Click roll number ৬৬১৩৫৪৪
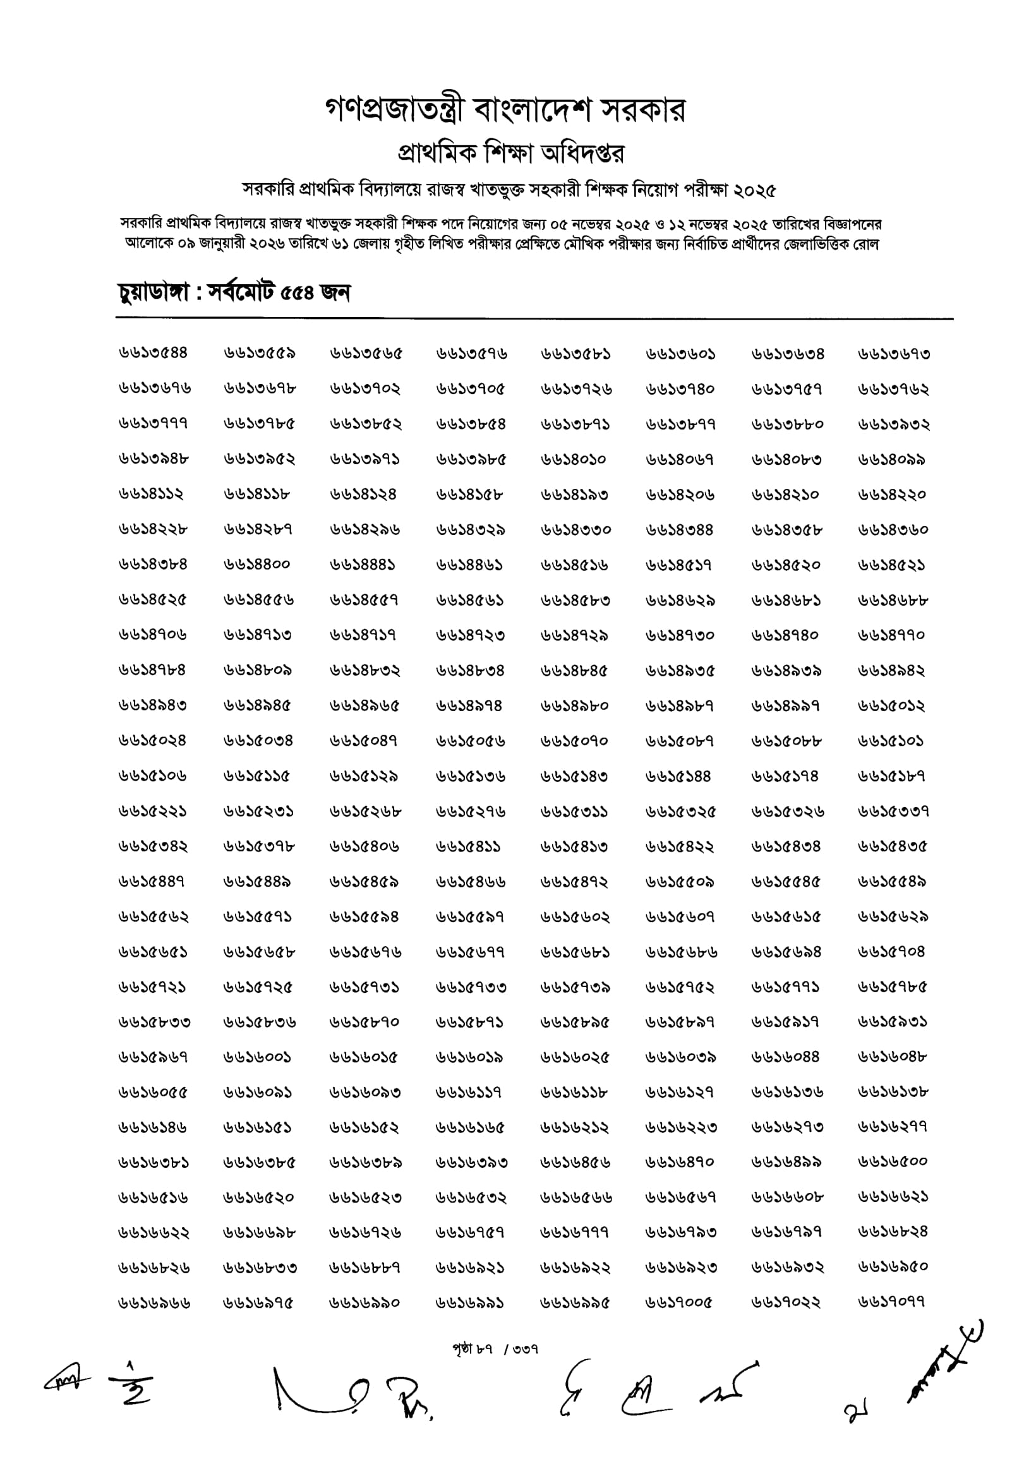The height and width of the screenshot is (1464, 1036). [x=152, y=352]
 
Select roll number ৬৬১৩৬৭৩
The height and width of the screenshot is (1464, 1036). [x=893, y=354]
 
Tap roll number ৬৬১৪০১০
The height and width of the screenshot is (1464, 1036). [x=573, y=460]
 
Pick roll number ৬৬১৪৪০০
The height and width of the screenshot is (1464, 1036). [x=257, y=564]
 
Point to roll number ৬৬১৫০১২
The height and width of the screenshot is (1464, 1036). [x=891, y=706]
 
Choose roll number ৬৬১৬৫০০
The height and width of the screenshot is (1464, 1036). [x=892, y=1161]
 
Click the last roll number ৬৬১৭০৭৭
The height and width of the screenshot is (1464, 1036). [x=891, y=1302]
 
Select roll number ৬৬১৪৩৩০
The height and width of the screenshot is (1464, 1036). [x=575, y=530]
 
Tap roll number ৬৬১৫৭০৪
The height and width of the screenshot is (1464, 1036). [x=891, y=952]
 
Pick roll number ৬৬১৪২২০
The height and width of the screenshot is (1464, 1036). [x=891, y=495]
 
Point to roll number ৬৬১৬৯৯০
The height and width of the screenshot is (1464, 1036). [x=364, y=1303]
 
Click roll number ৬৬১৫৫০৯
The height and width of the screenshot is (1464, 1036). [x=679, y=882]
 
